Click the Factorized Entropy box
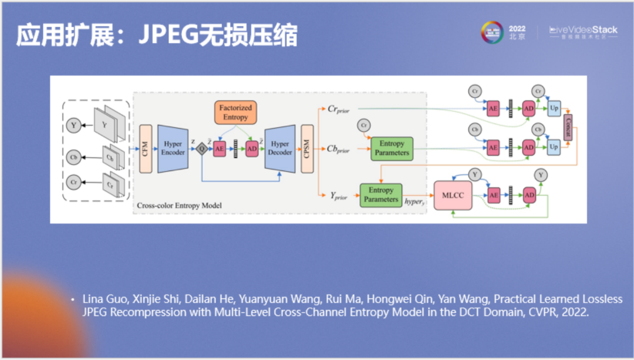pos(235,113)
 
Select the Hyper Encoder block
pos(173,149)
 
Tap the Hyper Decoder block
pos(280,149)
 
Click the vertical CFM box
pos(146,149)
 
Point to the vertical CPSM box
pos(306,149)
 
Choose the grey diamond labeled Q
pos(202,149)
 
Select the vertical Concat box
pos(567,127)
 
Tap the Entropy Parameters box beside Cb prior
pos(392,148)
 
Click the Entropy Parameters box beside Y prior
pos(380,195)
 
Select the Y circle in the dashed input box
pos(74,125)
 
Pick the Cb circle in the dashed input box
pos(74,157)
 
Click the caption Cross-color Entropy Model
pos(178,206)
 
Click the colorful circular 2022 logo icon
pos(492,32)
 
